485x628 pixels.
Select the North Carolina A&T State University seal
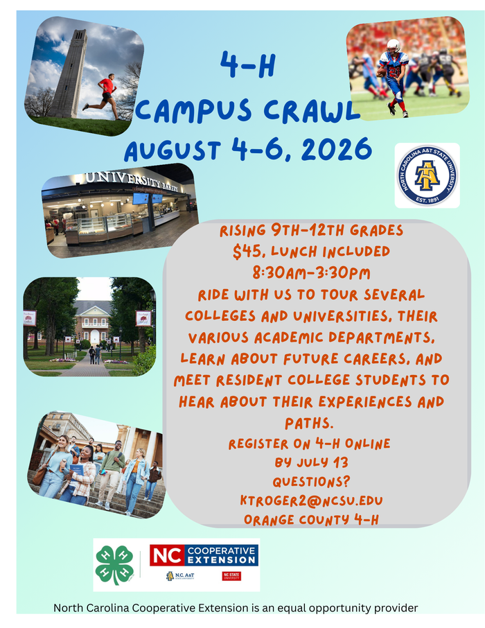click(427, 175)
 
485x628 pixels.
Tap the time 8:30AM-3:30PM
click(311, 272)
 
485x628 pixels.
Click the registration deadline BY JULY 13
click(310, 462)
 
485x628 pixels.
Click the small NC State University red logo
click(231, 576)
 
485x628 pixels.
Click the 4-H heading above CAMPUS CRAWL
click(247, 67)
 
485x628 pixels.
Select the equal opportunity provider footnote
click(236, 608)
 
